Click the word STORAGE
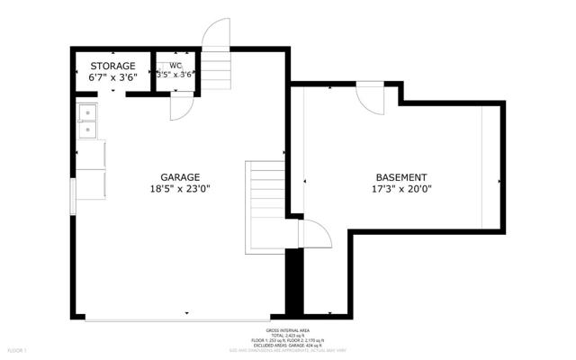click(x=112, y=66)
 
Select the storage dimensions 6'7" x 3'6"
click(x=112, y=77)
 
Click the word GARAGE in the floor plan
click(x=180, y=177)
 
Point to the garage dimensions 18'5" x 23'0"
click(x=180, y=189)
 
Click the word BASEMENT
click(x=400, y=177)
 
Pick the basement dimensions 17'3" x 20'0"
click(x=400, y=189)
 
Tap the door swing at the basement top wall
click(x=370, y=96)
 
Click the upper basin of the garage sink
click(x=88, y=112)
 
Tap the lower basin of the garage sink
click(x=88, y=130)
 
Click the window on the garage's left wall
click(x=74, y=196)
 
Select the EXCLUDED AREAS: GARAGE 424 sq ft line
click(x=288, y=346)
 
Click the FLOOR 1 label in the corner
click(x=17, y=349)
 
